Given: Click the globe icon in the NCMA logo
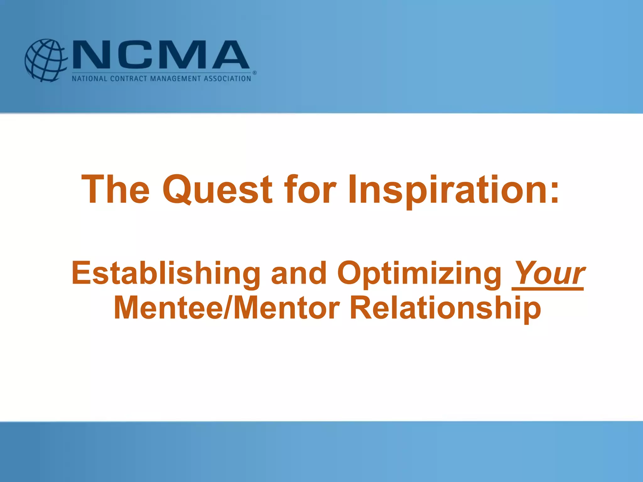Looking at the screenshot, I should [46, 60].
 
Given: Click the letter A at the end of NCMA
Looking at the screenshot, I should [230, 55].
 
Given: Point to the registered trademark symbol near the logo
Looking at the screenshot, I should [255, 73].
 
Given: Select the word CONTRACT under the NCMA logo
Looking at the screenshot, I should [129, 78].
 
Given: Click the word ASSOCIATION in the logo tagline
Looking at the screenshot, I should [227, 78].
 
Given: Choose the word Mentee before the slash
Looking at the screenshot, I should [168, 308].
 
